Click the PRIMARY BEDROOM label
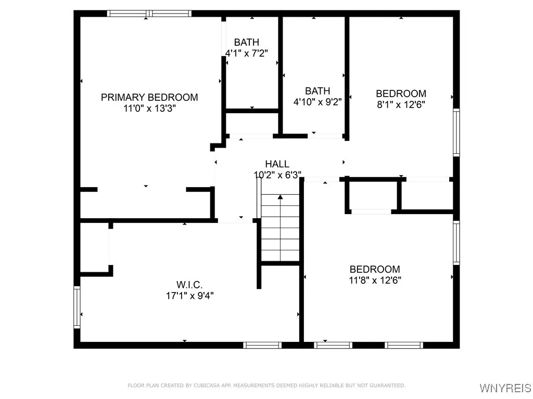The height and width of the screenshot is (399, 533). click(149, 97)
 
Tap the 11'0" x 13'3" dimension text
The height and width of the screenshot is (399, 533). click(149, 109)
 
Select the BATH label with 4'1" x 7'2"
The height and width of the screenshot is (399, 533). click(246, 43)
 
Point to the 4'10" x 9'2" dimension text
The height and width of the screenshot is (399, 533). click(318, 102)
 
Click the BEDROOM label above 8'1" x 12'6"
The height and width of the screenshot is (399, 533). click(401, 94)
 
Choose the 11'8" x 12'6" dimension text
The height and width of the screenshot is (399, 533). click(375, 280)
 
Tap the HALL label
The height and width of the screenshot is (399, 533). click(277, 164)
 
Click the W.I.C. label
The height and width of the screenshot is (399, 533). click(189, 285)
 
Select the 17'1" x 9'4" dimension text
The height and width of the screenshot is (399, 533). click(189, 296)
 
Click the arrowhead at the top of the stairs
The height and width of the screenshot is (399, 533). click(280, 197)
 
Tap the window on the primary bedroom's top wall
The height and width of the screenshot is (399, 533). click(149, 14)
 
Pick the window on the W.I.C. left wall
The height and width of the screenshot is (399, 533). click(77, 307)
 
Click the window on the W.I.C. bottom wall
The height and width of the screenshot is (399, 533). click(262, 345)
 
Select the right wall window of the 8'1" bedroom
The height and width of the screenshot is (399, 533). click(456, 132)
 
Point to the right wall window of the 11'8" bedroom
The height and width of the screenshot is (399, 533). click(456, 243)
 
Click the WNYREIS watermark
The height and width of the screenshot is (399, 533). click(505, 388)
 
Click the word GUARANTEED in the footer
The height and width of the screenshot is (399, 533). click(387, 385)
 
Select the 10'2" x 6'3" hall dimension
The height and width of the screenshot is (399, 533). click(278, 175)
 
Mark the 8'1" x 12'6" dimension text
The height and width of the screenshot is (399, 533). click(401, 104)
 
